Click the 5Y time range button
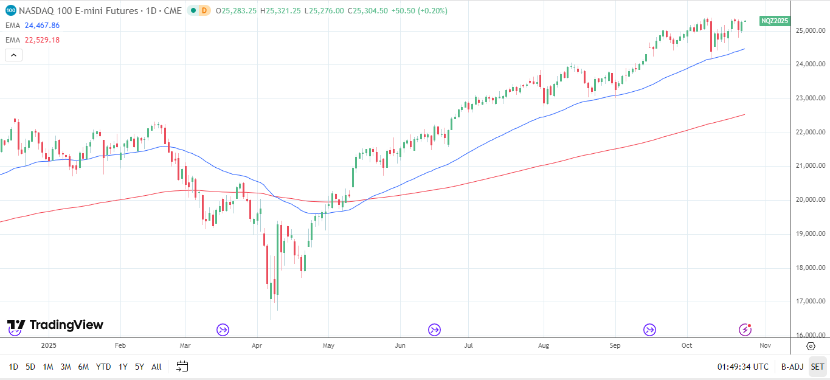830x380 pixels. click(x=139, y=367)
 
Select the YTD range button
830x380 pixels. click(x=103, y=367)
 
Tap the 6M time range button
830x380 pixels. click(x=83, y=367)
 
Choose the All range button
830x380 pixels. click(x=156, y=367)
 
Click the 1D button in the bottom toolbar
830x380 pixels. click(x=13, y=367)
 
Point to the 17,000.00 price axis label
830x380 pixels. click(x=812, y=302)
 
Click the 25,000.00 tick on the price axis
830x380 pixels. click(x=812, y=30)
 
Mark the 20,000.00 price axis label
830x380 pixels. click(x=812, y=200)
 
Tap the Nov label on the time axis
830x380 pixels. click(x=765, y=345)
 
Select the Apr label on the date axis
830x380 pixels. click(x=256, y=345)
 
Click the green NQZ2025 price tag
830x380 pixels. click(x=775, y=21)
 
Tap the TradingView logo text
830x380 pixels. click(x=66, y=325)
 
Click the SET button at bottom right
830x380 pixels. click(x=817, y=367)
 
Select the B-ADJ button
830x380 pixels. click(x=792, y=367)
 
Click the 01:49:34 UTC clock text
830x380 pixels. click(x=742, y=367)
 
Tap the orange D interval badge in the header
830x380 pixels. click(x=204, y=10)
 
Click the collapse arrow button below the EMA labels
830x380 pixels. click(x=13, y=55)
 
